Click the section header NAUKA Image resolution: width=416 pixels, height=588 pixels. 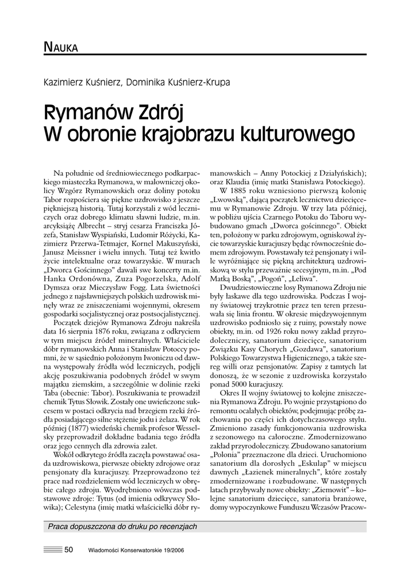point(60,47)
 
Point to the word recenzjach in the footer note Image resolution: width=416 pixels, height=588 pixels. point(178,526)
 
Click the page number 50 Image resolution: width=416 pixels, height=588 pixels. point(69,550)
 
